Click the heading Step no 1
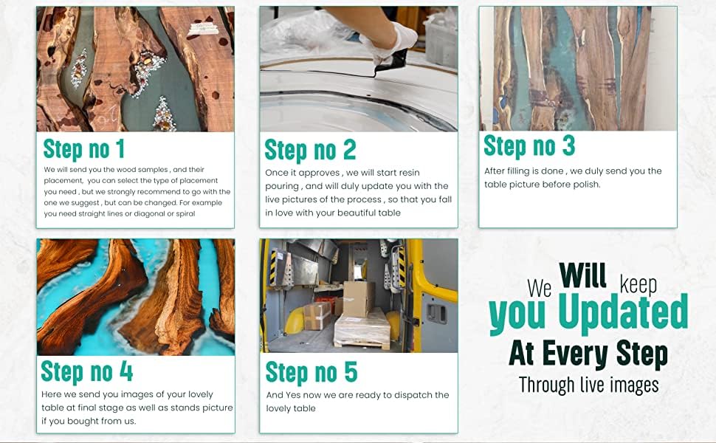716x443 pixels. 83,149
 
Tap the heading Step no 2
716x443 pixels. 310,151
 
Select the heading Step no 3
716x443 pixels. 529,146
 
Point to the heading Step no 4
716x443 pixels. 87,372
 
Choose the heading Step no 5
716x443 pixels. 311,372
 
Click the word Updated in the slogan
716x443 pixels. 623,312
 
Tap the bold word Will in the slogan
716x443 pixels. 582,275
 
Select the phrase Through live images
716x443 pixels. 588,385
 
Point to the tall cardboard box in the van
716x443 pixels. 358,299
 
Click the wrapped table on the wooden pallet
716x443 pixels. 362,328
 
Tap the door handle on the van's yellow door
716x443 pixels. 436,312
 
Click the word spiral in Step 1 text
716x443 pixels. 186,213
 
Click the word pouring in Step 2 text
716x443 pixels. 282,186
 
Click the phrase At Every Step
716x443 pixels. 588,354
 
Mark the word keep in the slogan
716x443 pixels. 638,284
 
